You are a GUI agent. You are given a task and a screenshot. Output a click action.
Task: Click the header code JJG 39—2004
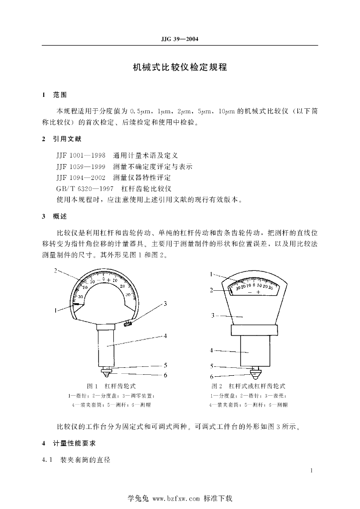(180, 39)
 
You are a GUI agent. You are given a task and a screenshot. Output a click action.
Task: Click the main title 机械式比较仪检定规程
(180, 67)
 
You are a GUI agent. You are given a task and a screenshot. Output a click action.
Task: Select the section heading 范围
(60, 94)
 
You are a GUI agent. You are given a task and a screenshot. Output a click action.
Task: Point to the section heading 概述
(60, 217)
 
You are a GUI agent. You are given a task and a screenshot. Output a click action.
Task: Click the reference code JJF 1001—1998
(81, 155)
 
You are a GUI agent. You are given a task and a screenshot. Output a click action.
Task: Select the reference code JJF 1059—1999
(81, 166)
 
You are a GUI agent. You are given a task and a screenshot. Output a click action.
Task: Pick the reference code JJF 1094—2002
(81, 177)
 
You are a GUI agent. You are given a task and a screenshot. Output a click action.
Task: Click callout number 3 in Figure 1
(165, 303)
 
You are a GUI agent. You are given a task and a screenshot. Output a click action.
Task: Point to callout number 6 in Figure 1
(166, 375)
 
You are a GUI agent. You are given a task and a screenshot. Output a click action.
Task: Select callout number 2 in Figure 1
(56, 271)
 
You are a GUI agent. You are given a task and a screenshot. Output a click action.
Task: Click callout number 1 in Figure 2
(211, 274)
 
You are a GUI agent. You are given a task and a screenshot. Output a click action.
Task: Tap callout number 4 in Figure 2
(211, 350)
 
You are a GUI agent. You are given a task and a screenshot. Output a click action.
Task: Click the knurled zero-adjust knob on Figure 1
(128, 324)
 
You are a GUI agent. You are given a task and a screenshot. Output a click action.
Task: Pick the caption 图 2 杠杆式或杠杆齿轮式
(248, 386)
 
